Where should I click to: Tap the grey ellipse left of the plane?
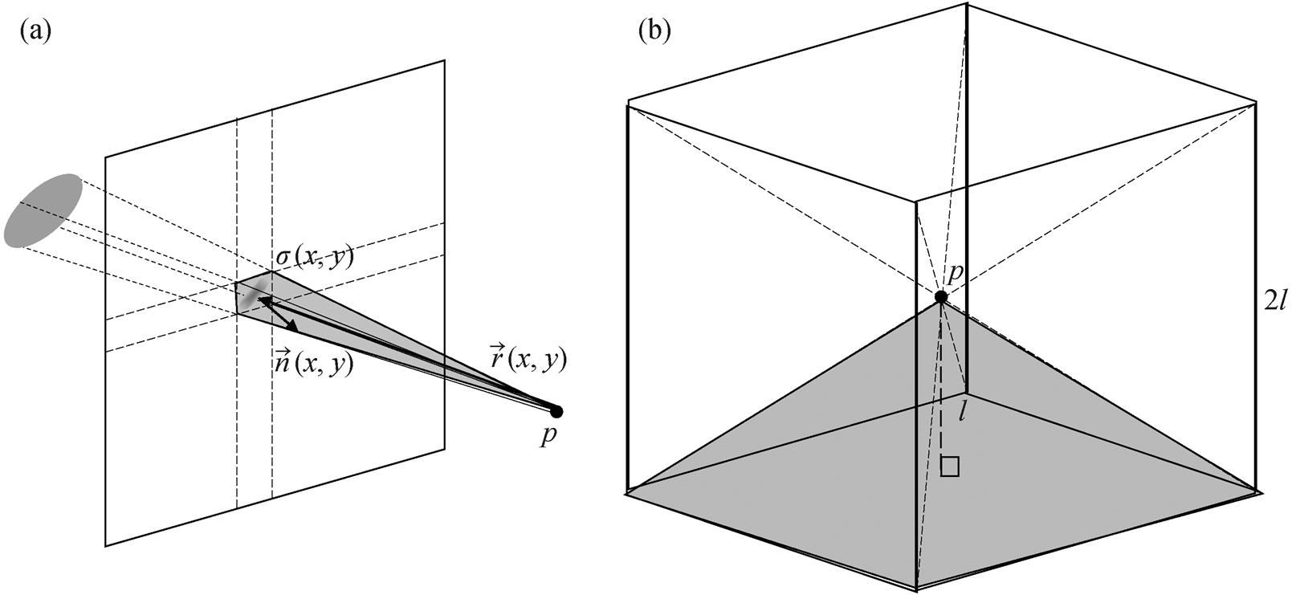(43, 210)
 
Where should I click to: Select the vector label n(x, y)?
(313, 363)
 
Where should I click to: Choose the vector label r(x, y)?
(528, 358)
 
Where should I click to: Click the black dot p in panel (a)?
(556, 412)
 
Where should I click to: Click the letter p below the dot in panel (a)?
(547, 438)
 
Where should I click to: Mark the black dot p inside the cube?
(941, 297)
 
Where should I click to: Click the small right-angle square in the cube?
(950, 467)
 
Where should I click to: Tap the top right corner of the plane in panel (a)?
(444, 60)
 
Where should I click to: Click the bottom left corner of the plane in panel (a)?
(106, 546)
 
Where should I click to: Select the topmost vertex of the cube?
(967, 4)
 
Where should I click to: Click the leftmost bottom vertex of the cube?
(627, 488)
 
